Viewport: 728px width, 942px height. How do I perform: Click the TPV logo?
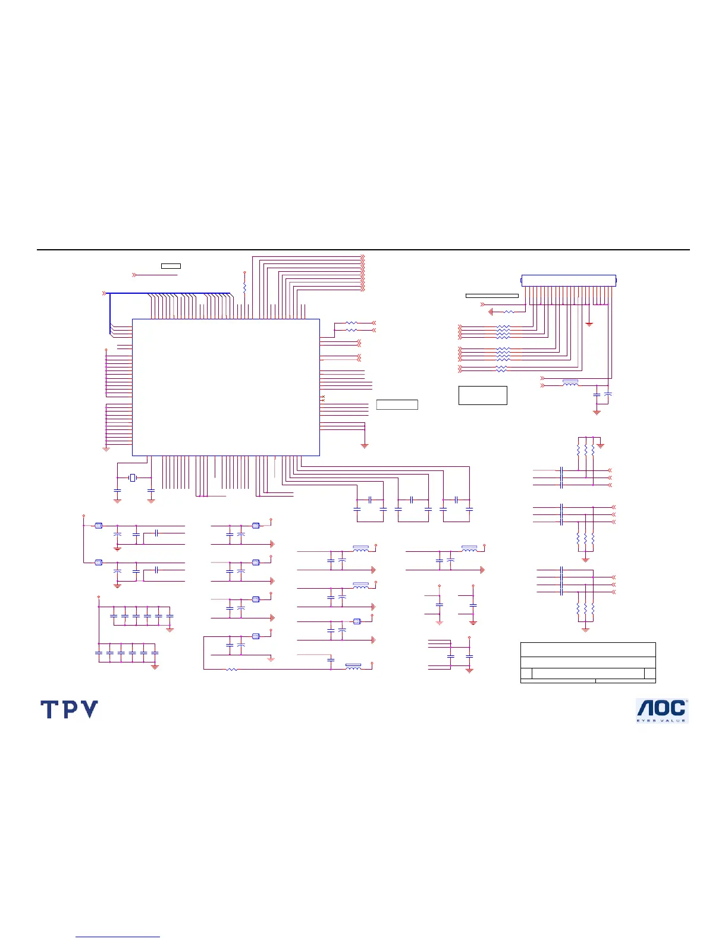[69, 709]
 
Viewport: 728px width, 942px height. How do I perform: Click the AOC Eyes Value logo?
[662, 711]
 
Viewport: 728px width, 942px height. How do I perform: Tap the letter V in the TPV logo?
[89, 709]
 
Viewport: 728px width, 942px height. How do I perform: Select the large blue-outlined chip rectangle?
[225, 387]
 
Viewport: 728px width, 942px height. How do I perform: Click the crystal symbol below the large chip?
[133, 478]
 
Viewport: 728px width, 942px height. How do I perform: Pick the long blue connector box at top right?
[569, 280]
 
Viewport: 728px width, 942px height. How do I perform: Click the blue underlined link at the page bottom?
[118, 937]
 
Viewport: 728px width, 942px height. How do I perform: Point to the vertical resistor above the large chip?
[244, 288]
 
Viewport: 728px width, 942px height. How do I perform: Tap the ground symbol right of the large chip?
[365, 445]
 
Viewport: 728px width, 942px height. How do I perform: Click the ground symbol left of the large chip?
[106, 449]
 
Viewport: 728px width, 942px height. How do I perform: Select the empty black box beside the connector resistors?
[482, 395]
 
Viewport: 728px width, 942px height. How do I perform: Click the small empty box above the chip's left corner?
[171, 266]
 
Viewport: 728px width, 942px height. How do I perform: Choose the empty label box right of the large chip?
[397, 405]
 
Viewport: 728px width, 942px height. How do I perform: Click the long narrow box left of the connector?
[491, 296]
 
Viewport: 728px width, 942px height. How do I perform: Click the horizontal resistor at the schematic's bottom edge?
[232, 670]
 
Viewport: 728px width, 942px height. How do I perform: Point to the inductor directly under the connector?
[570, 384]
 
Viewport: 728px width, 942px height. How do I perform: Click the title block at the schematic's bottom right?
[588, 662]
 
